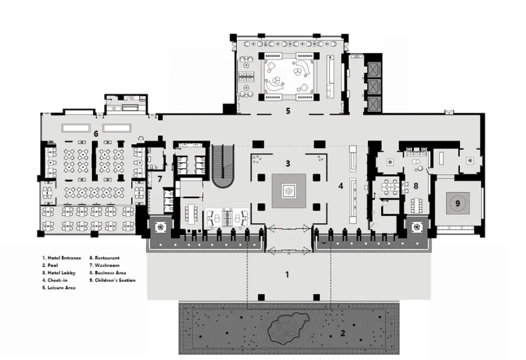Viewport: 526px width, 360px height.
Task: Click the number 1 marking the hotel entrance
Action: tap(287, 274)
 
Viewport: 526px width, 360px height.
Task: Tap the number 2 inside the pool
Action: tap(342, 333)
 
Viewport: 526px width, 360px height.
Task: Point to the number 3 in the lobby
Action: tap(288, 163)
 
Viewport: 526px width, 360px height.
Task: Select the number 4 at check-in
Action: tap(341, 186)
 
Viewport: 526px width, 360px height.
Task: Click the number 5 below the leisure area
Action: tap(288, 111)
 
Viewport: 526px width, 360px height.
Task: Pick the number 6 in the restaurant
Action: tap(96, 134)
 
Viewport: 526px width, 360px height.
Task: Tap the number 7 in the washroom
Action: tap(160, 179)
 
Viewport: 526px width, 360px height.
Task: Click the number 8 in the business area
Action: tap(416, 186)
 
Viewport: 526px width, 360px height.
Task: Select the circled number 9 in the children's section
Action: tap(458, 203)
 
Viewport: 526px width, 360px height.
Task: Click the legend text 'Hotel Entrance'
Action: tap(64, 258)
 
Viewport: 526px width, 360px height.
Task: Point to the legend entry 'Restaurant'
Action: tap(107, 258)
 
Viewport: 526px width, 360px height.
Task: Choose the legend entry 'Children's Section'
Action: tap(115, 280)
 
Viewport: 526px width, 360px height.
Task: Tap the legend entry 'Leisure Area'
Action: tap(62, 287)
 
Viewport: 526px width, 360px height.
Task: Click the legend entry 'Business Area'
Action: tap(110, 273)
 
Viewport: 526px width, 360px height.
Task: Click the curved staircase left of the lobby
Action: tap(222, 166)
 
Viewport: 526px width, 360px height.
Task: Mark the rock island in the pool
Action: tap(288, 328)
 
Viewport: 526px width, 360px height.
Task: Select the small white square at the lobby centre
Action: tap(288, 191)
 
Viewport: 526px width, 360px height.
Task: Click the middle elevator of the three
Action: tap(373, 86)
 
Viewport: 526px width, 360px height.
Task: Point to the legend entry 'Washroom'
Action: tap(107, 265)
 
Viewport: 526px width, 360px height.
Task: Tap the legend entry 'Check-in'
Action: tap(57, 280)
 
